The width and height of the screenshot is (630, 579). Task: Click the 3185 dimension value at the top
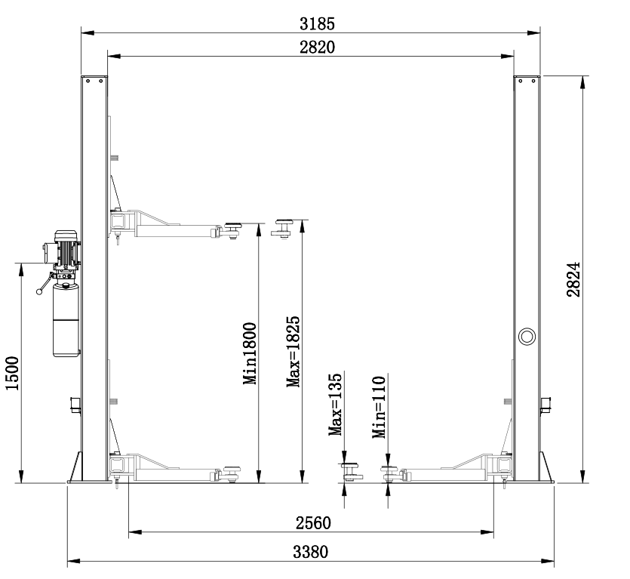[x=317, y=24]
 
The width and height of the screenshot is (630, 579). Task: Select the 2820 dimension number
[x=317, y=48]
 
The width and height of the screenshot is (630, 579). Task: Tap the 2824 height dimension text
[x=573, y=279]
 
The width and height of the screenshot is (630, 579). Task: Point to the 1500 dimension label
[x=12, y=373]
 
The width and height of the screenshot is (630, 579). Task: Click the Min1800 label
[x=250, y=353]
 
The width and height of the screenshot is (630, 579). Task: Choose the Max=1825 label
[x=293, y=352]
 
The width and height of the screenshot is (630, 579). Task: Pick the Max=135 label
[x=335, y=405]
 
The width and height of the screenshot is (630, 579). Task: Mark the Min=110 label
[x=379, y=407]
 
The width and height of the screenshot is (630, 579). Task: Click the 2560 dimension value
[x=313, y=523]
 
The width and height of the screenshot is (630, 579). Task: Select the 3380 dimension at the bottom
[x=310, y=552]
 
